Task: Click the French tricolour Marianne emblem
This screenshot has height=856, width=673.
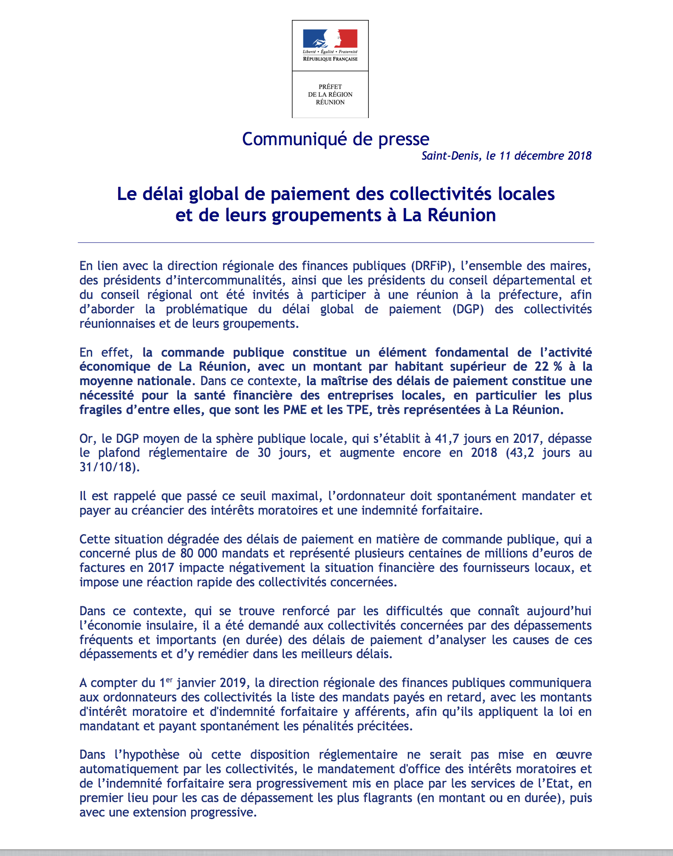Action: tap(330, 39)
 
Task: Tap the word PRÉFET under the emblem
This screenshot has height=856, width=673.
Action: tap(330, 87)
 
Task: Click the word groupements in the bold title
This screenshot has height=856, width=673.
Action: tap(326, 215)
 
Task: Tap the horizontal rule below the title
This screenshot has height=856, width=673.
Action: tap(336, 243)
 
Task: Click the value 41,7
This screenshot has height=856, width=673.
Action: tap(447, 439)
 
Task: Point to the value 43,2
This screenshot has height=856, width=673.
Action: tap(521, 453)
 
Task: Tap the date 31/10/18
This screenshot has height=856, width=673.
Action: tap(107, 467)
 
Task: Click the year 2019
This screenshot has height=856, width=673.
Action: tap(233, 683)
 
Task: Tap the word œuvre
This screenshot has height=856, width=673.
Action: tap(574, 755)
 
